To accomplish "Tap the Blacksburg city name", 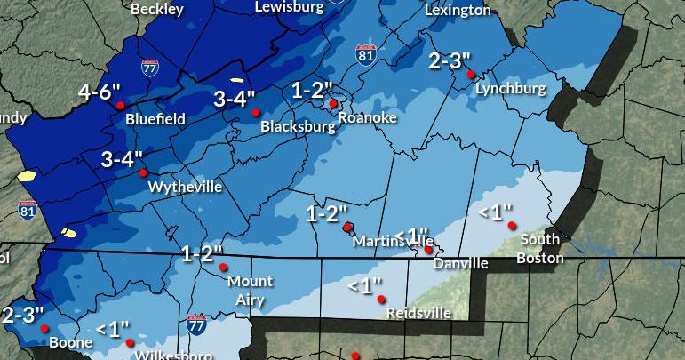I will point(298,127).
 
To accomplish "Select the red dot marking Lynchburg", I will point(471,75).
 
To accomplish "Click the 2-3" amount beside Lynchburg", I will point(450,60).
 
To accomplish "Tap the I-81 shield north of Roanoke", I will point(365,53).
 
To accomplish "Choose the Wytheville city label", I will point(185,188).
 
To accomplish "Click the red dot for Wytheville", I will point(142,172).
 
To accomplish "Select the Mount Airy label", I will point(250,291).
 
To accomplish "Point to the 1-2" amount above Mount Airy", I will point(202,254).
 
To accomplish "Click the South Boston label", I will point(541,249).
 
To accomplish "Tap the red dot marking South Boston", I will point(513,226).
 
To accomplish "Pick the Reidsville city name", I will point(418,314).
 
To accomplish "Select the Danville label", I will point(460,264).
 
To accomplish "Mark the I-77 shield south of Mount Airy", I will point(196,324).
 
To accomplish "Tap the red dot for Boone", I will point(44,328).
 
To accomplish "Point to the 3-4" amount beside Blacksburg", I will point(235,99).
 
